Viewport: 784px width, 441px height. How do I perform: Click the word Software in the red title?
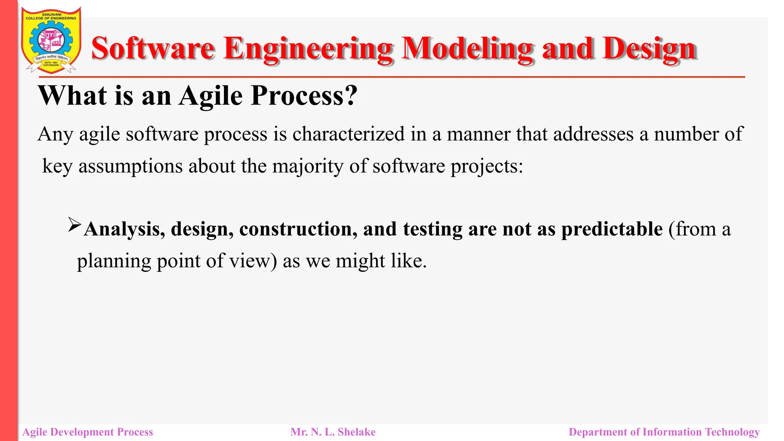(x=153, y=49)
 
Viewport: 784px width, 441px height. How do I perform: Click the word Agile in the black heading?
(x=211, y=95)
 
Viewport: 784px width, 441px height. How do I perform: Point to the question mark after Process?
(x=351, y=95)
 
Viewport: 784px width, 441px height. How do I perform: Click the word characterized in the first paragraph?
(x=348, y=134)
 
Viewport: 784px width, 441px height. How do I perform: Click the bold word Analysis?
(x=124, y=229)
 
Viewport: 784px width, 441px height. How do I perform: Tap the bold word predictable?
(x=612, y=229)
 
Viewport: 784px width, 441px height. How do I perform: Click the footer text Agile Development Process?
(x=88, y=432)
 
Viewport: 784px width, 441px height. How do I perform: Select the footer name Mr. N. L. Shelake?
(x=333, y=432)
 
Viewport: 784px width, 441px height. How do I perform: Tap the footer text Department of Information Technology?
(x=664, y=432)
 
